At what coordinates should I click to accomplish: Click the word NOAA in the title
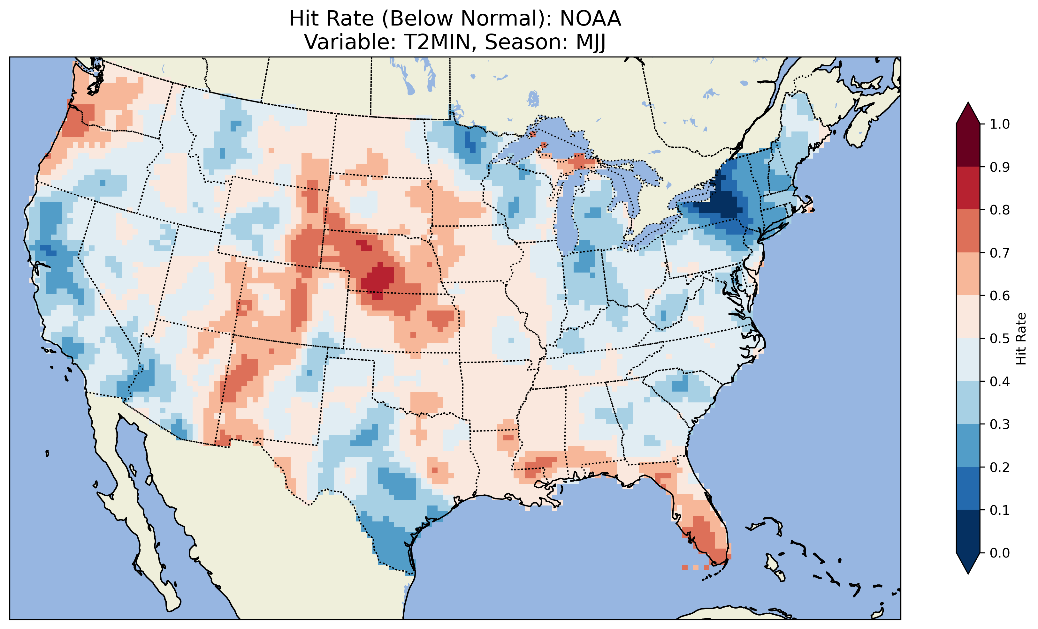(590, 19)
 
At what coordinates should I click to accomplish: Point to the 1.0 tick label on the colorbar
(1000, 124)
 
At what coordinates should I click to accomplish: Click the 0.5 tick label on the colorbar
(1000, 339)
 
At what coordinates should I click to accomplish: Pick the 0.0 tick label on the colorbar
(1000, 553)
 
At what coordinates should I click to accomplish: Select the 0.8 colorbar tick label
(1000, 210)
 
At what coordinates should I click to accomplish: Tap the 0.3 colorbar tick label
(1000, 424)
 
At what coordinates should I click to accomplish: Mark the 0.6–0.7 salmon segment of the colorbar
(968, 274)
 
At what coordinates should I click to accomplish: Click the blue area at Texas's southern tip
(392, 547)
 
